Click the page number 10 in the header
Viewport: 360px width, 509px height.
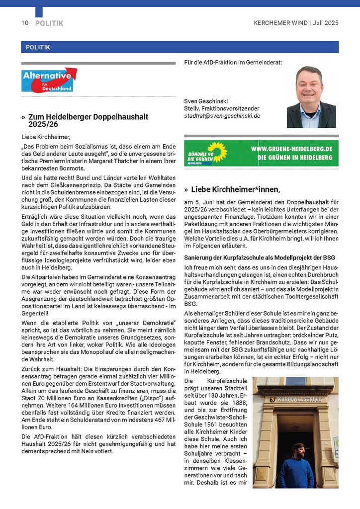(25, 23)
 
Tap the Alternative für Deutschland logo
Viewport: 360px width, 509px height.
(49, 80)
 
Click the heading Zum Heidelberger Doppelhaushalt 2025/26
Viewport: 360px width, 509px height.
(85, 120)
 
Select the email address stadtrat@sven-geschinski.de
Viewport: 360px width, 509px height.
(222, 116)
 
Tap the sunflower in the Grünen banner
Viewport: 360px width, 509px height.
(217, 152)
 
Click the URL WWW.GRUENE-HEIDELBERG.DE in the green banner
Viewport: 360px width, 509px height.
(294, 149)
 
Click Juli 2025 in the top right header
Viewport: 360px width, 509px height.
(326, 23)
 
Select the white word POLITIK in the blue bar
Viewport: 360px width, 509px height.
(35, 47)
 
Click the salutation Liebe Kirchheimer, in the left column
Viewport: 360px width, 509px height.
(46, 136)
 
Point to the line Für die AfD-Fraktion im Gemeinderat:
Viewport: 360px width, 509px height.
(233, 63)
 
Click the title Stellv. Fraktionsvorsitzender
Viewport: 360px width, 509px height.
(221, 108)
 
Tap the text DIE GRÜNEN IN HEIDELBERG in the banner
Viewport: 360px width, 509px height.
(298, 158)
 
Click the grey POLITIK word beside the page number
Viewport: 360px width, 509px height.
(49, 23)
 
